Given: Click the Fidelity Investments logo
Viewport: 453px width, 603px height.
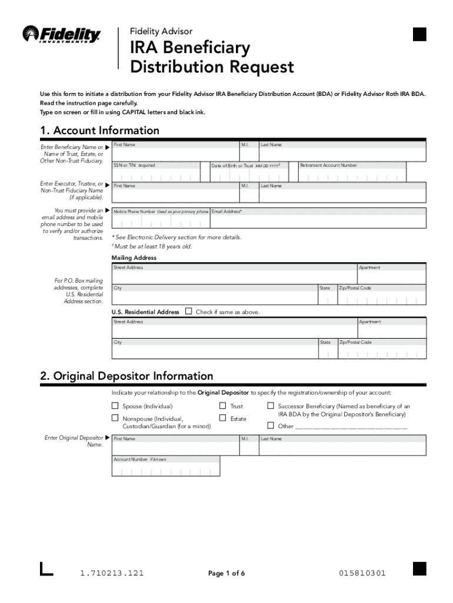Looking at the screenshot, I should [61, 34].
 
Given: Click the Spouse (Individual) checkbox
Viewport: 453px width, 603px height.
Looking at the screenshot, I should [115, 406].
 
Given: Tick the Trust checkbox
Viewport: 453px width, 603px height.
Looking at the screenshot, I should [223, 406].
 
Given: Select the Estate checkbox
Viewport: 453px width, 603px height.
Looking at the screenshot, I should [223, 418].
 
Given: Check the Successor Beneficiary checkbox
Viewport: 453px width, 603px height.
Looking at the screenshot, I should [271, 406].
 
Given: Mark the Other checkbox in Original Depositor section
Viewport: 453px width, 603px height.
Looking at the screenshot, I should [271, 426].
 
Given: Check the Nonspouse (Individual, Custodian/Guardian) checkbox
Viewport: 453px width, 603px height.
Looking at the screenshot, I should [115, 418].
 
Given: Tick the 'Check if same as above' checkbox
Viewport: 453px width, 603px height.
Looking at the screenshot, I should [189, 312].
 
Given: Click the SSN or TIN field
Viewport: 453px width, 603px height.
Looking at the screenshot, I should [160, 176].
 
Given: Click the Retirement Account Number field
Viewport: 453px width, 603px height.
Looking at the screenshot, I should [362, 176].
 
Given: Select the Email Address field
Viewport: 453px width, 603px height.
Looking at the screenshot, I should [318, 222].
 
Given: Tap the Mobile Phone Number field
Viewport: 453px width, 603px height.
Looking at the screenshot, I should [160, 222].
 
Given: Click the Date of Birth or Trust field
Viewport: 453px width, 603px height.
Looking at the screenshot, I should [254, 176].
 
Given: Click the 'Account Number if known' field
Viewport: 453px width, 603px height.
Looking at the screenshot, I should [165, 470].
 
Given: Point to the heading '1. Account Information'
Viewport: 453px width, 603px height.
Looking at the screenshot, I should [99, 130].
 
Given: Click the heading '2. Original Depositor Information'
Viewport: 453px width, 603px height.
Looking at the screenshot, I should [126, 376].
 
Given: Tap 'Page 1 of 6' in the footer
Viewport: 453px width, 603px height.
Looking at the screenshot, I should [226, 574].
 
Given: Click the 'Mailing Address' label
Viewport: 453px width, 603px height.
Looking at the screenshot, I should [134, 258].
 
